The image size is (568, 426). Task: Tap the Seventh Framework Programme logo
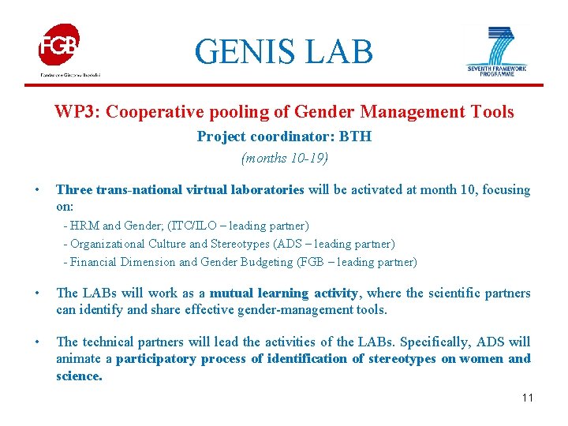(x=496, y=49)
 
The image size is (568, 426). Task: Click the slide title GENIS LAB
(x=284, y=52)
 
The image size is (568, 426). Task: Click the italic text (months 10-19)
(x=284, y=158)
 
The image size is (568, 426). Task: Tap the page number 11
(x=527, y=398)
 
